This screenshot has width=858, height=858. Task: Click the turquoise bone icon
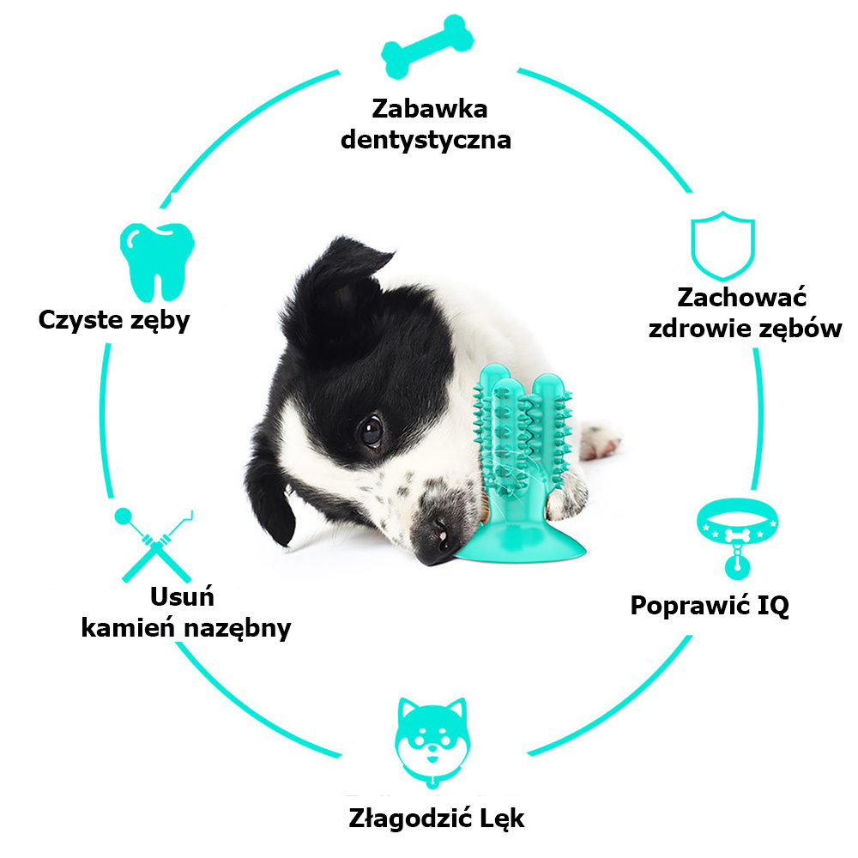pyautogui.click(x=427, y=46)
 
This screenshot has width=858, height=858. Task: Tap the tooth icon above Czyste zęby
pyautogui.click(x=157, y=262)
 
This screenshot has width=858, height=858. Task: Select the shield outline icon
pyautogui.click(x=722, y=245)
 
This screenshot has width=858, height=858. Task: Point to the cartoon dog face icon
pyautogui.click(x=432, y=741)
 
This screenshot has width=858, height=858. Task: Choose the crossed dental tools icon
pyautogui.click(x=154, y=545)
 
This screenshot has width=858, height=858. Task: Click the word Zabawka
pyautogui.click(x=430, y=109)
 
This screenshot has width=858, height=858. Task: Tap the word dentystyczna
pyautogui.click(x=426, y=140)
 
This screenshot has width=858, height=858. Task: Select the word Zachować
pyautogui.click(x=742, y=298)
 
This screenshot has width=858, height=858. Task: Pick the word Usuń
pyautogui.click(x=182, y=596)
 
